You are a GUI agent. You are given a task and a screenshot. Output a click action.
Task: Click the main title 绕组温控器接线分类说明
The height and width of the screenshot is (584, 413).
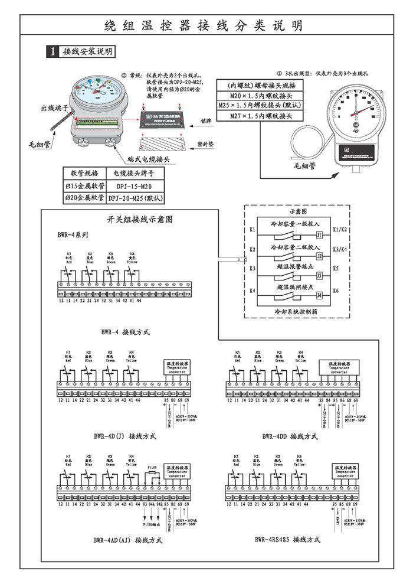(x=204, y=25)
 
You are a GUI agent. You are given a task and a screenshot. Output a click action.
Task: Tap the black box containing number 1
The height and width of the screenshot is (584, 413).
(x=53, y=52)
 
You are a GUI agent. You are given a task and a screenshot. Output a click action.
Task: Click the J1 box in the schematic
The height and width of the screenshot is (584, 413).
(x=319, y=234)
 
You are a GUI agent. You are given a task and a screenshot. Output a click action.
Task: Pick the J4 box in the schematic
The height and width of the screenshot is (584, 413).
(x=319, y=295)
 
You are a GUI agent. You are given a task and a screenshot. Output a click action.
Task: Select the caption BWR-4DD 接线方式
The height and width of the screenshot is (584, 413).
(x=290, y=436)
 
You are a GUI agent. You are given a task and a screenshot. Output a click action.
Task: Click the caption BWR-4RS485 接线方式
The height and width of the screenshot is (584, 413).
(x=287, y=539)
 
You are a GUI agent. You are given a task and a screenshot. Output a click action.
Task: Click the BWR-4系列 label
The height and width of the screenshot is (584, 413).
(x=73, y=234)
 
